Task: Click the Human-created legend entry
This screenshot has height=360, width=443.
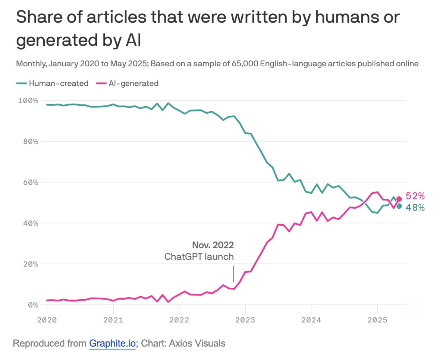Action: coord(52,83)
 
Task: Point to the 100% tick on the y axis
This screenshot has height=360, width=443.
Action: coord(28,101)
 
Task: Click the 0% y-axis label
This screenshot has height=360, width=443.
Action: coord(32,305)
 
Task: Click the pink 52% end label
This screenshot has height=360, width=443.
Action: coord(415,196)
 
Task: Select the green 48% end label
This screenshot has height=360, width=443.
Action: coord(415,208)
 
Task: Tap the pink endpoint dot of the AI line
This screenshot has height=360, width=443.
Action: coord(399,199)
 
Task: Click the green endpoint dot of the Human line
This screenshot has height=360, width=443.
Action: coord(399,206)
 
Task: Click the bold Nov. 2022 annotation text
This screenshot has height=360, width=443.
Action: coord(213,245)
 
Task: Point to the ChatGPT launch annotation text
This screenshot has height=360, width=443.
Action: coord(199,256)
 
